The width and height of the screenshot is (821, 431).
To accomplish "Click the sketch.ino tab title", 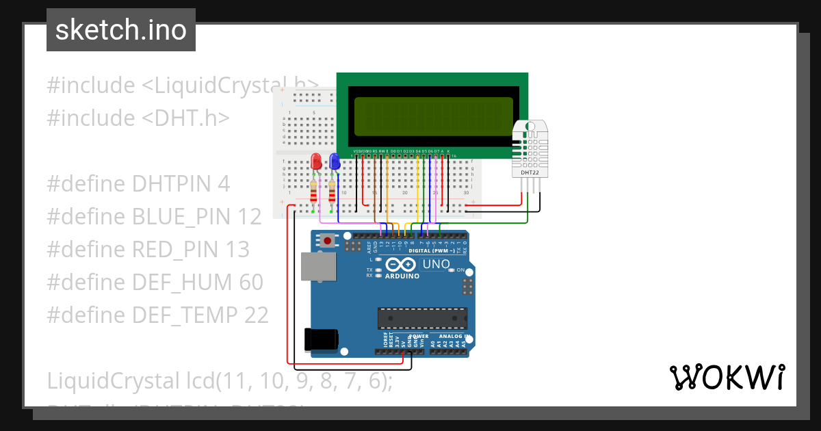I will pos(121,30).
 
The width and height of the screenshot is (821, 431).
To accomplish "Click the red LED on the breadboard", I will pos(316,161).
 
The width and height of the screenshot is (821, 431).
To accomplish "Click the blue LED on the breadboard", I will pos(335,161).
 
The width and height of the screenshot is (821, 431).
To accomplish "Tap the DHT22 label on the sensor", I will pos(529,172).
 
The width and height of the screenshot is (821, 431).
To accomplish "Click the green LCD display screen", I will pos(432,112).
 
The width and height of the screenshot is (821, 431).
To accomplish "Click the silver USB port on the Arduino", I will pos(318,266).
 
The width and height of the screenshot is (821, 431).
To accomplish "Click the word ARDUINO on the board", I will pos(402,276).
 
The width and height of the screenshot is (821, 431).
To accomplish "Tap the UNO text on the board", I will pos(435,264).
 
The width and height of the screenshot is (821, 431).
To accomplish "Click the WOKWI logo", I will pos(727,377).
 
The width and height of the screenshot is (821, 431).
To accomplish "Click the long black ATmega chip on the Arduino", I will pos(422,318).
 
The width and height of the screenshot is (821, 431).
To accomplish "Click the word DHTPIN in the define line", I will pos(181,184).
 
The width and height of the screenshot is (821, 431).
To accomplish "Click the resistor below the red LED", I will pos(314,192).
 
